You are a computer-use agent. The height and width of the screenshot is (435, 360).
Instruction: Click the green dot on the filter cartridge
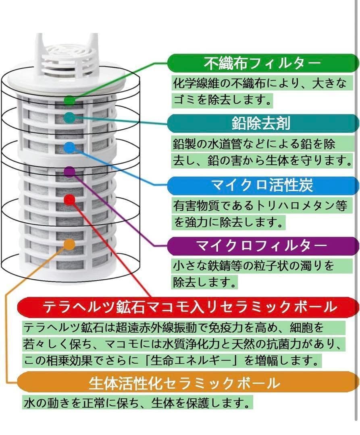click(x=70, y=100)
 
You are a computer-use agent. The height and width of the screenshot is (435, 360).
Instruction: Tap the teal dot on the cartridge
click(x=70, y=118)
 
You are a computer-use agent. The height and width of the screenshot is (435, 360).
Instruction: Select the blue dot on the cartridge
click(x=70, y=147)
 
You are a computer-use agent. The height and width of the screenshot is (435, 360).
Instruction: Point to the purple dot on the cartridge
click(x=70, y=172)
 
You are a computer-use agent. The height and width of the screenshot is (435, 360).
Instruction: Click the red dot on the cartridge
click(x=70, y=199)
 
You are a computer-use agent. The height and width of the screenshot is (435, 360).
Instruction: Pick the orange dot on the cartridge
click(x=70, y=244)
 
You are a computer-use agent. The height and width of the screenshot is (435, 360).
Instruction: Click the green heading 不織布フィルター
click(x=262, y=63)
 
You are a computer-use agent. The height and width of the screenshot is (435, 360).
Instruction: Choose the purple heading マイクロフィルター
click(x=262, y=245)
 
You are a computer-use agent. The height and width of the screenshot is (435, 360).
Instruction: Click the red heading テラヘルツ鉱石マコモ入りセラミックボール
click(x=189, y=307)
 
